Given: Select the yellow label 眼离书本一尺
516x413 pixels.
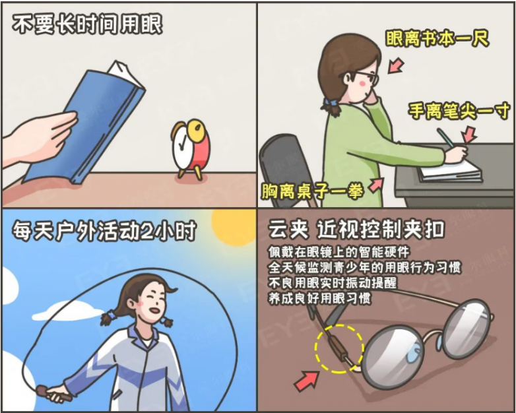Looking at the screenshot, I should [437, 38].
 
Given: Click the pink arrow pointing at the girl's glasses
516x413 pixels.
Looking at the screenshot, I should [396, 65].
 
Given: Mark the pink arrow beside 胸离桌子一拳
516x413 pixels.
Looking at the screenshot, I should [375, 185].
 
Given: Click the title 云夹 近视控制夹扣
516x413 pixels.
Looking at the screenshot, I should [356, 230].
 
